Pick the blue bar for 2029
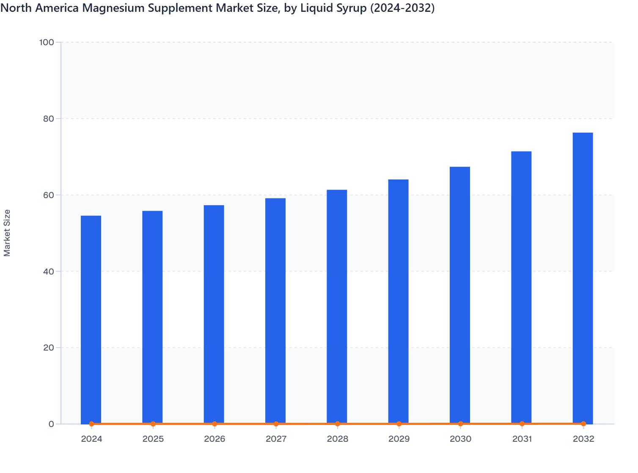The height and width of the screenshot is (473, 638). point(399,302)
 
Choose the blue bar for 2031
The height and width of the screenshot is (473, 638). point(521,287)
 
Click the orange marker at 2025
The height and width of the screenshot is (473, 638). point(153,424)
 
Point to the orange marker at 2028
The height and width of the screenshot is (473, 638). point(338,424)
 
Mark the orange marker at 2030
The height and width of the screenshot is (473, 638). point(460,424)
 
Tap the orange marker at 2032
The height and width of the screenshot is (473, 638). point(583,424)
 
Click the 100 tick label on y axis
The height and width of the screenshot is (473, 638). point(47,42)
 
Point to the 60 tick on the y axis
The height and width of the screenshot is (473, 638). point(48,195)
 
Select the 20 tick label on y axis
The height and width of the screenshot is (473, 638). point(48,348)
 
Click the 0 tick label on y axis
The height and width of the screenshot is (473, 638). point(51,424)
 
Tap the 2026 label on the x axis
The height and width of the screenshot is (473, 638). point(214,439)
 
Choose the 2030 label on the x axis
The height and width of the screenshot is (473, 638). point(460,439)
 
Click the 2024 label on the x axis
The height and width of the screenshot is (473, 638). point(92,439)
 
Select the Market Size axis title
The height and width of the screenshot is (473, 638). point(7,233)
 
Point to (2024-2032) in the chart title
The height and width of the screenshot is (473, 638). point(402,8)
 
